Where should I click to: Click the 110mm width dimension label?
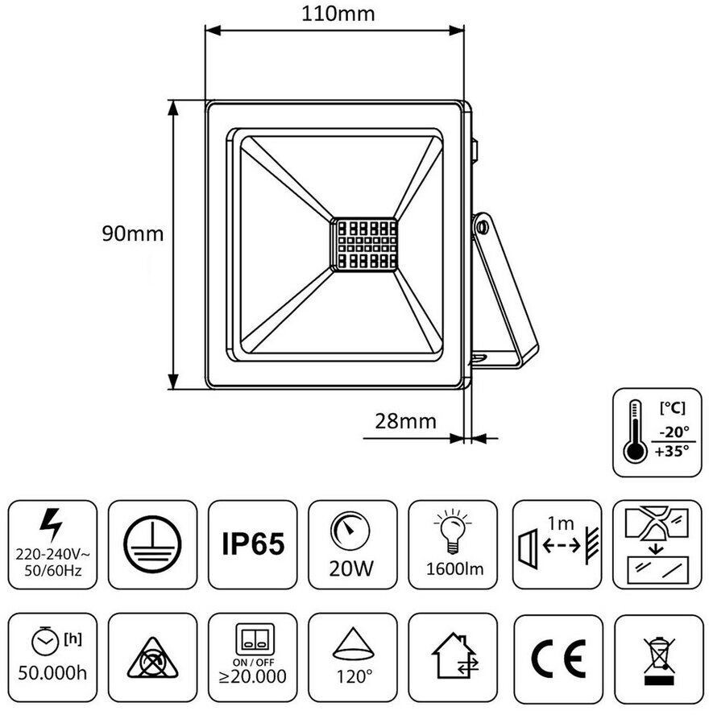click(338, 14)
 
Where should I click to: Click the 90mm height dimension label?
click(133, 234)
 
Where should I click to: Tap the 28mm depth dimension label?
click(405, 421)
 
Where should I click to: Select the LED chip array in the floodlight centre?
click(363, 245)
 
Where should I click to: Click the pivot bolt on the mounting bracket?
click(482, 226)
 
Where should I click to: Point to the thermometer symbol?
click(635, 431)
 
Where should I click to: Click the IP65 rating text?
click(253, 543)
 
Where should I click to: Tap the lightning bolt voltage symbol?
click(51, 525)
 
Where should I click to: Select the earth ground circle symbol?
click(152, 544)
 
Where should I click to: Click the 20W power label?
click(350, 568)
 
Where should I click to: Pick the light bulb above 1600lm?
click(453, 531)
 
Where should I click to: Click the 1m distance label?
click(562, 523)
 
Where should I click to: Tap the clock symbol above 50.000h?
click(45, 641)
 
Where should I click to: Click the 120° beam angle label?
click(354, 676)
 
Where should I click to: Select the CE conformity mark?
click(558, 658)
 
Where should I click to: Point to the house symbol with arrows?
click(454, 655)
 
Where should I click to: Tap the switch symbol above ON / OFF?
click(254, 639)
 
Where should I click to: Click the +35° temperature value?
click(672, 451)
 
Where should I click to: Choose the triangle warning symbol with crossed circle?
click(153, 659)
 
